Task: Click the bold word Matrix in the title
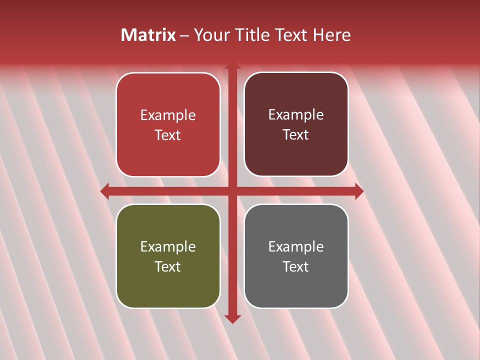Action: click(x=148, y=35)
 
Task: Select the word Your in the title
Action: click(x=210, y=35)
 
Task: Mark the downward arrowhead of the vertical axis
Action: click(x=232, y=318)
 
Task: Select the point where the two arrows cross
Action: click(x=232, y=191)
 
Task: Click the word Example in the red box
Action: click(x=168, y=115)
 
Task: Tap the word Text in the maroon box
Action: click(x=296, y=135)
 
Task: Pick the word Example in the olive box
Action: click(x=168, y=247)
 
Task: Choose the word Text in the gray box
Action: click(x=296, y=266)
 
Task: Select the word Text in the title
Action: click(x=291, y=35)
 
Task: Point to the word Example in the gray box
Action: click(x=296, y=247)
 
